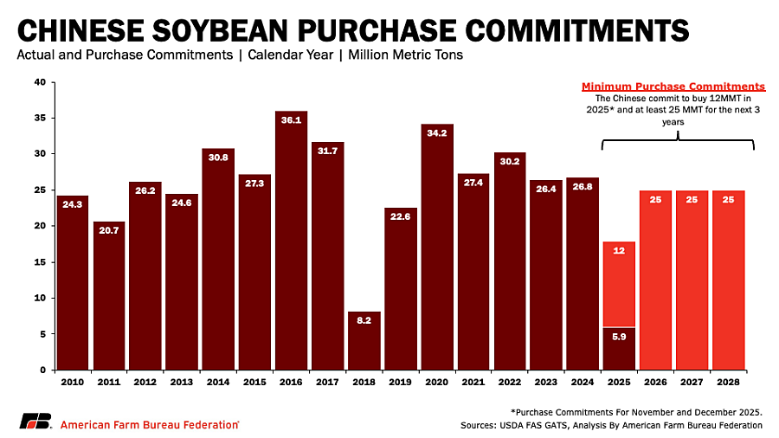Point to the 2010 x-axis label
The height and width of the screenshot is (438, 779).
click(73, 381)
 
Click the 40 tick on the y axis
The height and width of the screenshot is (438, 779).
click(40, 82)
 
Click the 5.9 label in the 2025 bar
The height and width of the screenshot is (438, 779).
click(620, 336)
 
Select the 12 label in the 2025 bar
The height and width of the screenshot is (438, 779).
click(620, 251)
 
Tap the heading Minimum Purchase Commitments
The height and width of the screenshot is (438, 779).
click(673, 87)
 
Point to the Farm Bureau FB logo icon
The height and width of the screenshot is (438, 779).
click(36, 422)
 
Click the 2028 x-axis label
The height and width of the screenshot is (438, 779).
click(729, 381)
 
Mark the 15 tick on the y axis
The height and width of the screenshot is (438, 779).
click(40, 261)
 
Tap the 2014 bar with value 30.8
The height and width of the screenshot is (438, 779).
click(218, 259)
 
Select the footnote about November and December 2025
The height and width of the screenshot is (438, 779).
click(635, 411)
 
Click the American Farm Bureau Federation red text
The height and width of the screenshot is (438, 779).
click(150, 424)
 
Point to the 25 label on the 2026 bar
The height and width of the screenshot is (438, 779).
click(656, 200)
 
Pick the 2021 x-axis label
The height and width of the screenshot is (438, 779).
click(473, 381)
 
